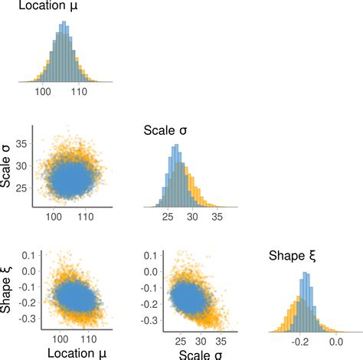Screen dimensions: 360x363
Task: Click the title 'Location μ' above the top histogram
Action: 48,8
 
